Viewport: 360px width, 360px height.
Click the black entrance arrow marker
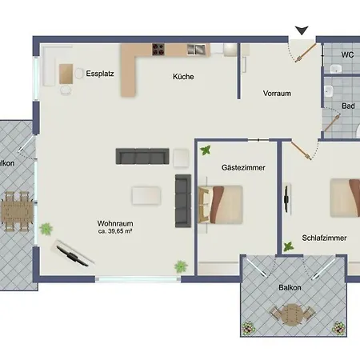pos(302,30)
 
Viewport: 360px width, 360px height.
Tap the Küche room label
pos(183,77)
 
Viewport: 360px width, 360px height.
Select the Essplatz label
pos(100,74)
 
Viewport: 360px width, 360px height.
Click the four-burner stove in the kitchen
pos(158,50)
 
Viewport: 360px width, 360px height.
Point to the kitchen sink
pos(196,50)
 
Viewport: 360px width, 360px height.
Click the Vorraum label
pos(277,94)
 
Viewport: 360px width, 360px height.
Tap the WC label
pos(347,54)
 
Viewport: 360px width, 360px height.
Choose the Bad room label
pos(348,106)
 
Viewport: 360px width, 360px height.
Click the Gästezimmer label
pos(243,167)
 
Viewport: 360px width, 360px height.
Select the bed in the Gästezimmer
pos(221,205)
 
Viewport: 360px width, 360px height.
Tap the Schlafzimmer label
pos(324,238)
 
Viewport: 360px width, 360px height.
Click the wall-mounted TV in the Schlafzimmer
pos(286,198)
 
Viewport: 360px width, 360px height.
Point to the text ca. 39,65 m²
pos(115,231)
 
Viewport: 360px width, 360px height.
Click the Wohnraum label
pos(115,223)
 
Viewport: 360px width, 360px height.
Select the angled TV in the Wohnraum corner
pos(72,253)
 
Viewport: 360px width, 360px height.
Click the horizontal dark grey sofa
pos(142,156)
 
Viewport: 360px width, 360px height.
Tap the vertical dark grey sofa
pos(183,201)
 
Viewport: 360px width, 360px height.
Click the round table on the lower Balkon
pos(293,314)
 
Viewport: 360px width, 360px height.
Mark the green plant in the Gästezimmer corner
pos(206,150)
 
